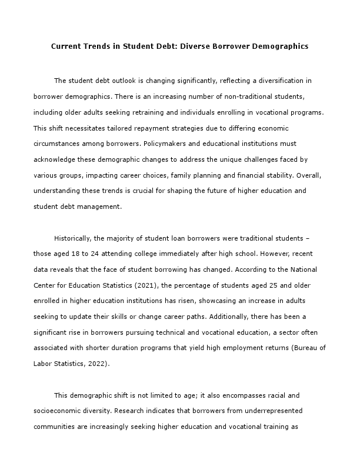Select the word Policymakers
[x=209, y=144]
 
